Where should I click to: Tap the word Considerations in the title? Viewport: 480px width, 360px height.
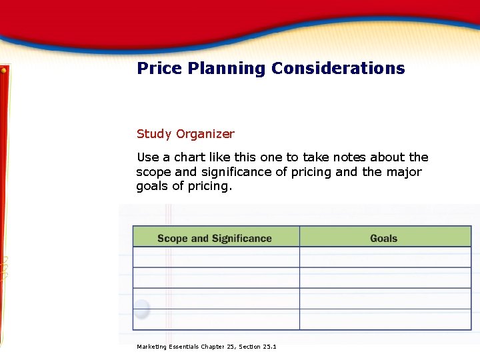tap(337, 68)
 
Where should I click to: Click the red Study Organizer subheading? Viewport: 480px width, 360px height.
tap(185, 134)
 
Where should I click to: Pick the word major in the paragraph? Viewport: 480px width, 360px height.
tap(401, 172)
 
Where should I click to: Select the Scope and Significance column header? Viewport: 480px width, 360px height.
tap(215, 238)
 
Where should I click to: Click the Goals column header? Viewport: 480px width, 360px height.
tap(383, 238)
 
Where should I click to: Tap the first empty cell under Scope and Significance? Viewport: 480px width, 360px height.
tap(216, 257)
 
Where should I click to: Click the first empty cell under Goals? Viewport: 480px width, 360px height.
tap(385, 257)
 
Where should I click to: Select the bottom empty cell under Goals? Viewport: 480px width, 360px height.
tap(385, 319)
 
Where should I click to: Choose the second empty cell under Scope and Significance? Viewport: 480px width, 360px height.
tap(216, 278)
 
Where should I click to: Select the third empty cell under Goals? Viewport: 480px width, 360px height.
tap(385, 299)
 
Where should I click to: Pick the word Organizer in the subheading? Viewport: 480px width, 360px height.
tap(205, 134)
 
